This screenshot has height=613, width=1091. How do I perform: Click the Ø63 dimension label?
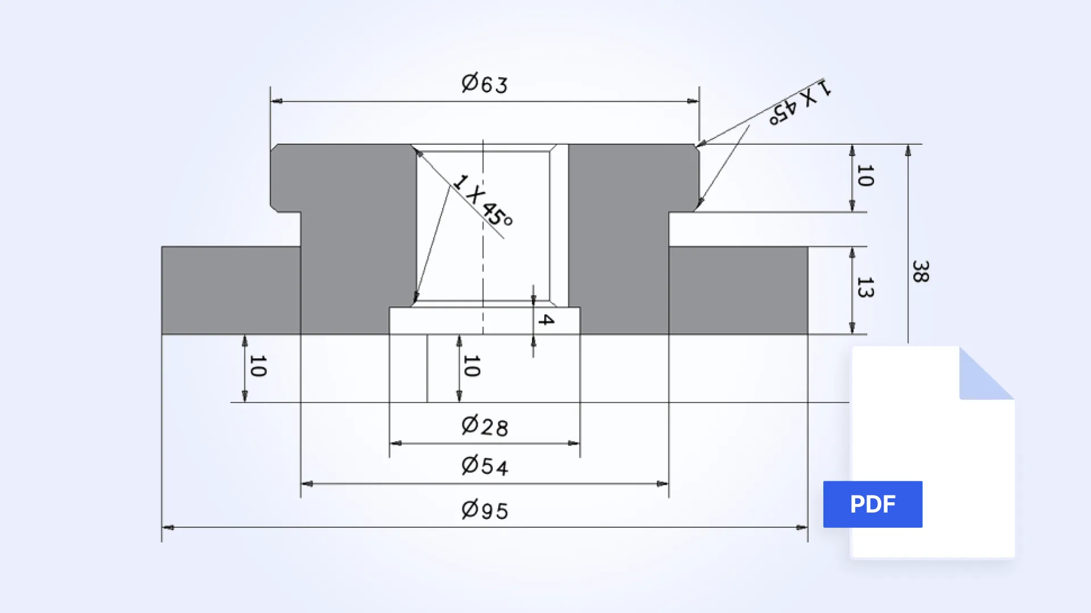(x=485, y=84)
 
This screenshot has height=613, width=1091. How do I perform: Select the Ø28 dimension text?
(x=485, y=426)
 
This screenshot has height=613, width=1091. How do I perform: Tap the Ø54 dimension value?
(x=485, y=466)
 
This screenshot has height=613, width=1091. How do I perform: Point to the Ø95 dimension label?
(x=485, y=510)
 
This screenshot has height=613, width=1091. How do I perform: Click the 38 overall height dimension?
(x=921, y=272)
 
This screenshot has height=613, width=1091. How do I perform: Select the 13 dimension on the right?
(x=865, y=288)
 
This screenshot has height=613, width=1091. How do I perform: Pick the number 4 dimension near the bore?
(x=546, y=320)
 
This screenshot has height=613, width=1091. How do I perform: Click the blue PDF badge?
(x=872, y=504)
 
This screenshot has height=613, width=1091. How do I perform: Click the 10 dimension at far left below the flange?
(x=257, y=366)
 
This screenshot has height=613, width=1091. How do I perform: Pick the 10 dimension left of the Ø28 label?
(x=472, y=366)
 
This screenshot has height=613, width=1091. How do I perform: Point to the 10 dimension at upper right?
(x=865, y=176)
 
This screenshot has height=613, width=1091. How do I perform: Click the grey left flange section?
(x=230, y=290)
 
